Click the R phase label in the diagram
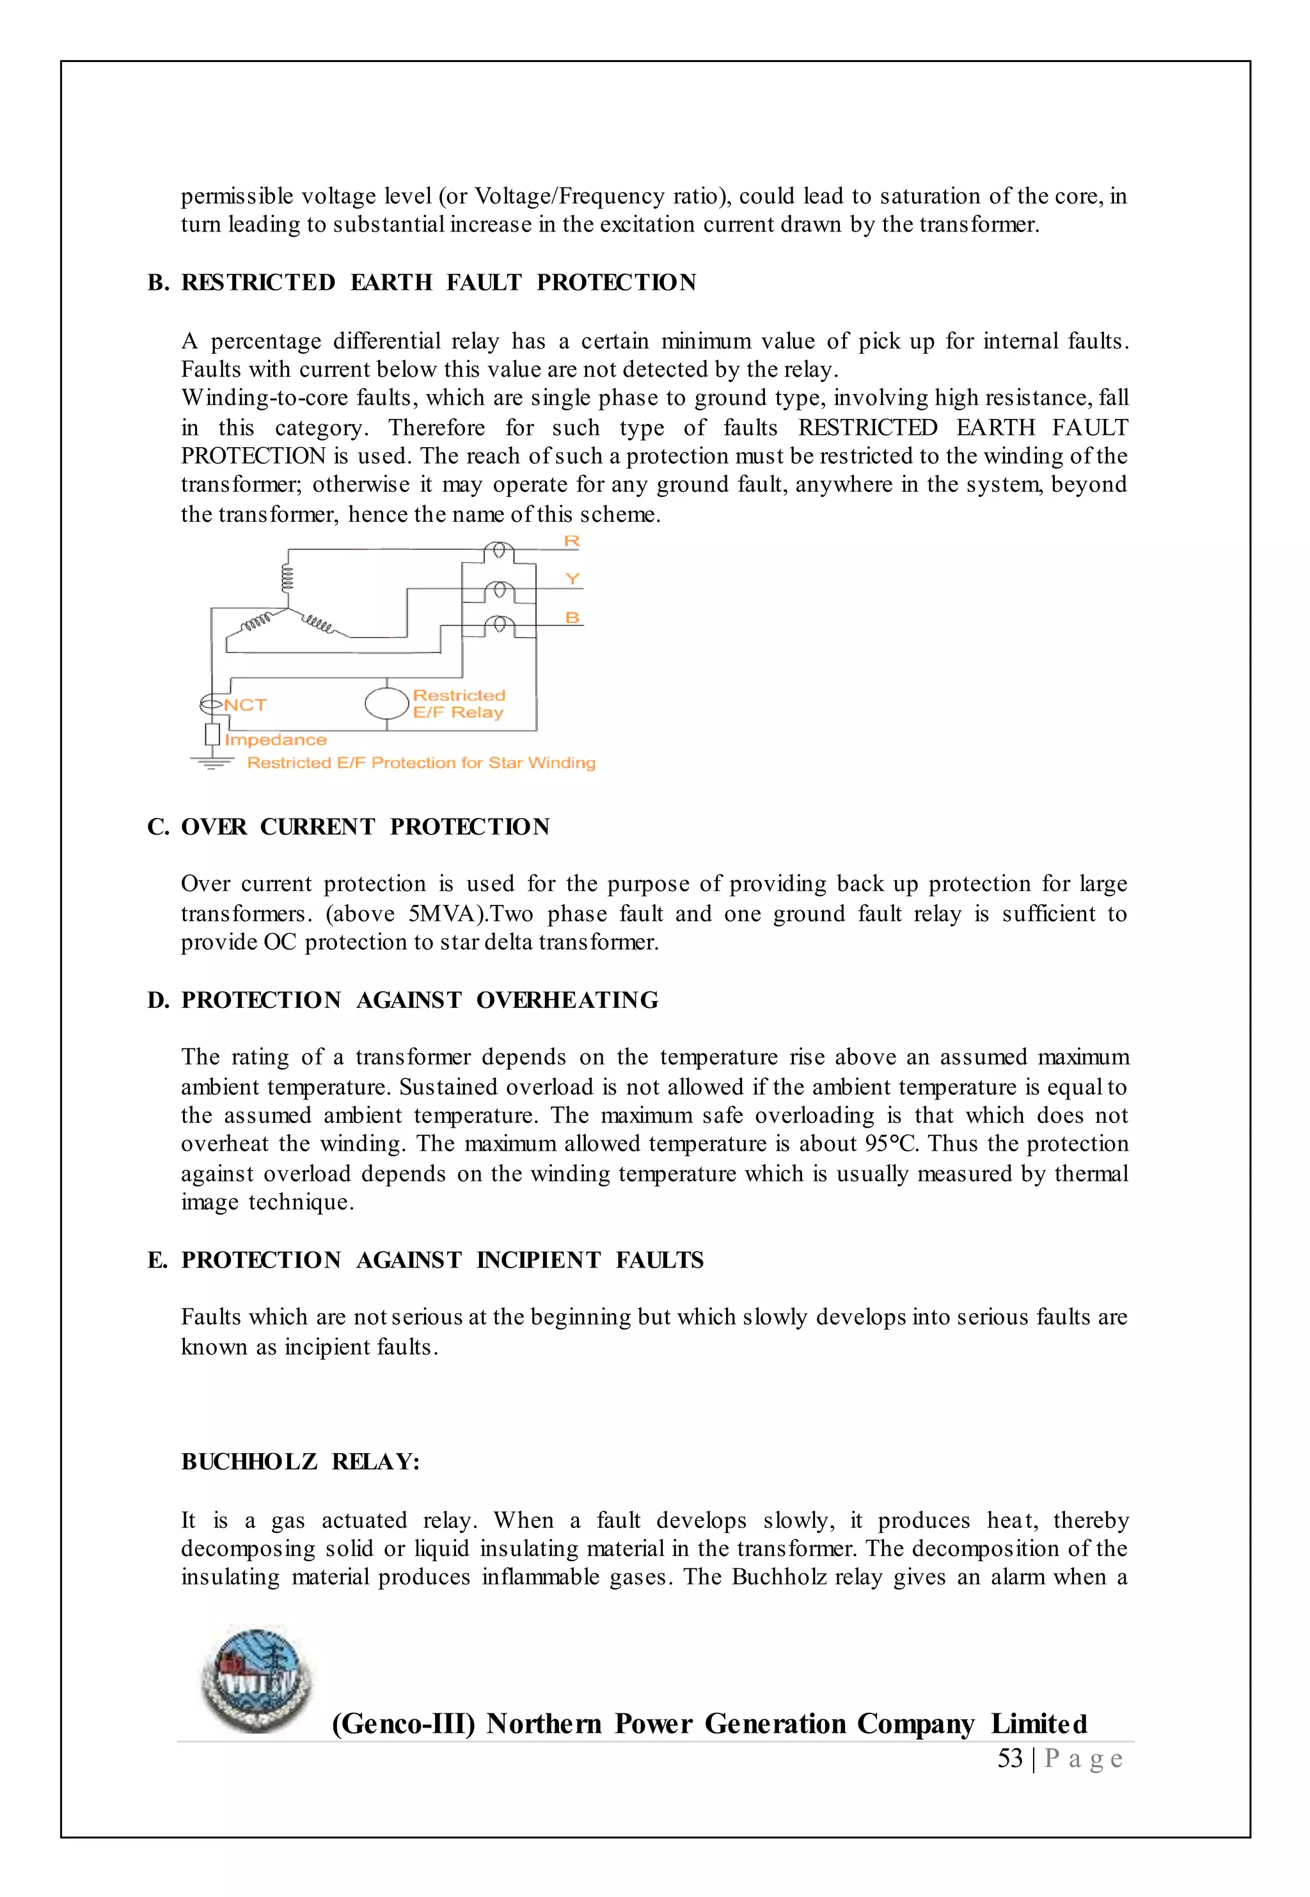572,542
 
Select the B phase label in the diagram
572,618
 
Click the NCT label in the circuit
244,705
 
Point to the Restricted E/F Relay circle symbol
386,703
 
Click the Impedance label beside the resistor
276,740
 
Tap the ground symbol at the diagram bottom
212,762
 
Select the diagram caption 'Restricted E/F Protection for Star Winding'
421,763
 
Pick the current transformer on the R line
499,551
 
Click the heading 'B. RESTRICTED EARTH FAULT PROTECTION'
422,282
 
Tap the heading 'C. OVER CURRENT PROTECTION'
349,827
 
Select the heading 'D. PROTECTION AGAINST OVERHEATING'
403,1000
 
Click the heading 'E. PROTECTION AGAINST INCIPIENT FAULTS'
425,1260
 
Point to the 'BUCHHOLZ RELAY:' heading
301,1462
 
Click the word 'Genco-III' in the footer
404,1723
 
